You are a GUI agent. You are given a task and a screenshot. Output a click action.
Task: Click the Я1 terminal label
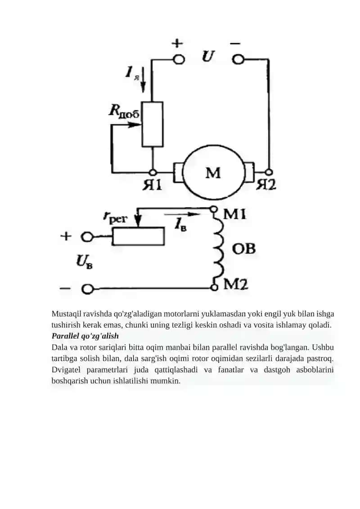(152, 185)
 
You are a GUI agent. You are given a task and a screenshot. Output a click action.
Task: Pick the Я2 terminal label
(266, 185)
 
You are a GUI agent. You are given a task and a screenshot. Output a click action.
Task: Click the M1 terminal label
(235, 214)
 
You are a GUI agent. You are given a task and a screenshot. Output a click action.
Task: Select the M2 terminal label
(236, 284)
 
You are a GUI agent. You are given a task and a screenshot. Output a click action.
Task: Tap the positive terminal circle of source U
(178, 59)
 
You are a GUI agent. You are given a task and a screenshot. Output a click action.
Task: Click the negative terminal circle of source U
(238, 59)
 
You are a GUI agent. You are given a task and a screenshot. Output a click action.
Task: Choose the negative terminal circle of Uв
(87, 289)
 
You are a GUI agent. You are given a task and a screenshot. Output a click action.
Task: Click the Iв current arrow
(181, 214)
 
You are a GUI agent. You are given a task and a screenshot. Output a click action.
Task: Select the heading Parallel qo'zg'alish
(85, 336)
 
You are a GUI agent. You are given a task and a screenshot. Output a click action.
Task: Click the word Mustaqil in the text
(66, 314)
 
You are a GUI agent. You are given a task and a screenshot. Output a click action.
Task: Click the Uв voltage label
(84, 261)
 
